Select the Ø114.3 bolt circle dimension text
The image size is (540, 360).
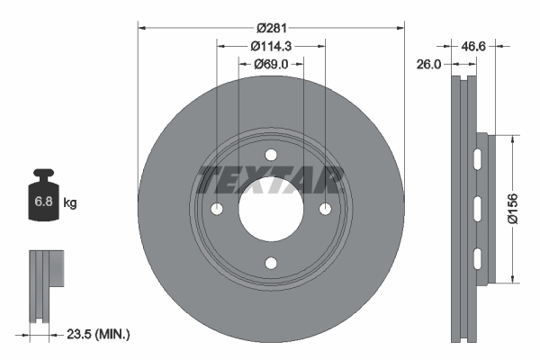click(x=270, y=46)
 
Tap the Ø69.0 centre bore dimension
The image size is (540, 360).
click(x=270, y=64)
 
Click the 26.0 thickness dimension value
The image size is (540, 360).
click(x=429, y=64)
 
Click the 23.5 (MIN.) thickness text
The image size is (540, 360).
click(x=99, y=334)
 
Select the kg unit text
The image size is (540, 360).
click(x=70, y=203)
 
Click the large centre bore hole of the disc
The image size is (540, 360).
click(x=270, y=209)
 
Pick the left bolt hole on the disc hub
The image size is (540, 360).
click(x=216, y=209)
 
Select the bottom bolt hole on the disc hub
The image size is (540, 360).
click(x=270, y=263)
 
